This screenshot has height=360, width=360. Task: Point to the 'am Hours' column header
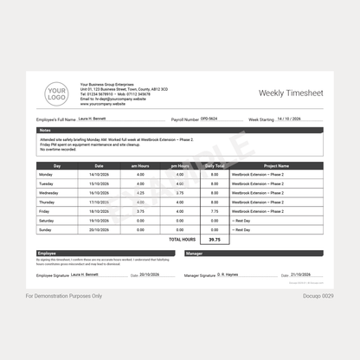[140, 165]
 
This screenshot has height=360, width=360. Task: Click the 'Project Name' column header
[276, 165]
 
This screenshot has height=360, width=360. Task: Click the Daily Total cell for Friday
[215, 211]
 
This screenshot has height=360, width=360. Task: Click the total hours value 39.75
[215, 240]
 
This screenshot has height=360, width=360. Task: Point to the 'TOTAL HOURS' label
[182, 240]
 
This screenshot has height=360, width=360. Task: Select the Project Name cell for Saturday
[276, 221]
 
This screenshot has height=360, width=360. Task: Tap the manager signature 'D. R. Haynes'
[229, 274]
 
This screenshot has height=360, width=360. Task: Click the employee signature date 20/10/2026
[151, 274]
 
